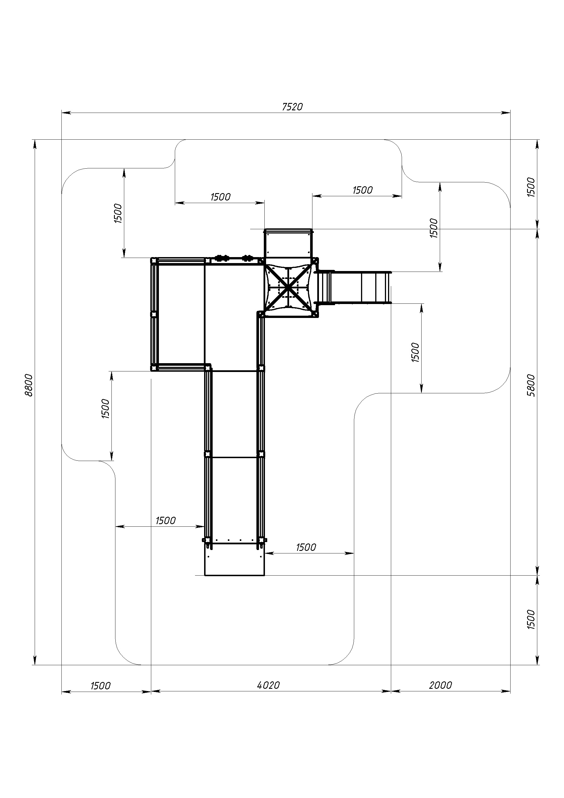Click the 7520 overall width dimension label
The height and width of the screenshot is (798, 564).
pos(292,107)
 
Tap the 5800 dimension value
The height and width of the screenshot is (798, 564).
pos(531,385)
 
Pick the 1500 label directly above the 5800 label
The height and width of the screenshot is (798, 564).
pos(531,187)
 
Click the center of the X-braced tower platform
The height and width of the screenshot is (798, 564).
pos(289,287)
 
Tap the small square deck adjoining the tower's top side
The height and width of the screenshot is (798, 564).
pos(288,243)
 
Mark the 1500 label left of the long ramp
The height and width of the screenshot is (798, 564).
pos(165,520)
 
